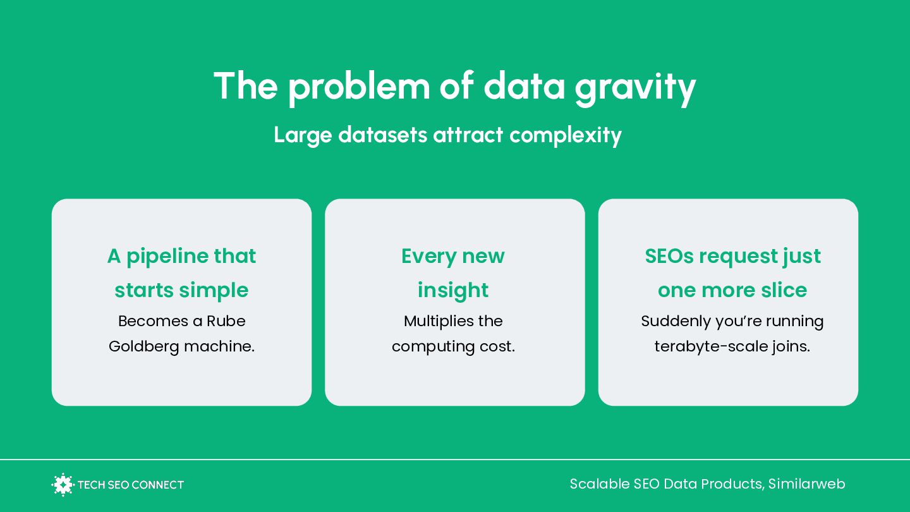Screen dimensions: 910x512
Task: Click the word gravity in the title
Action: [x=635, y=88]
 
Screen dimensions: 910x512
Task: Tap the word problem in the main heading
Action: [x=359, y=87]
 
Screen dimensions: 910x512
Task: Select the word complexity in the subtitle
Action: [x=566, y=136]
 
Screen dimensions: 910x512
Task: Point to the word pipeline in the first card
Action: [x=167, y=257]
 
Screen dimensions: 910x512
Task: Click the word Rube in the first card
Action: [x=226, y=321]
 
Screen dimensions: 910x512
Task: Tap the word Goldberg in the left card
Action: [x=144, y=347]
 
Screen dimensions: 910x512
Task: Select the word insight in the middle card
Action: [x=453, y=291]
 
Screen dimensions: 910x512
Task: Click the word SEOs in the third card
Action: [x=669, y=257]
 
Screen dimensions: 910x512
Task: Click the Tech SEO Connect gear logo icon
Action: [x=63, y=484]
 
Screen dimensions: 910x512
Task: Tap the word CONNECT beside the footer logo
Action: [x=158, y=485]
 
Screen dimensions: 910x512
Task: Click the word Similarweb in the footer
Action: [x=806, y=484]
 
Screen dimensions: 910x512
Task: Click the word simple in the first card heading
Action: [x=214, y=291]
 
